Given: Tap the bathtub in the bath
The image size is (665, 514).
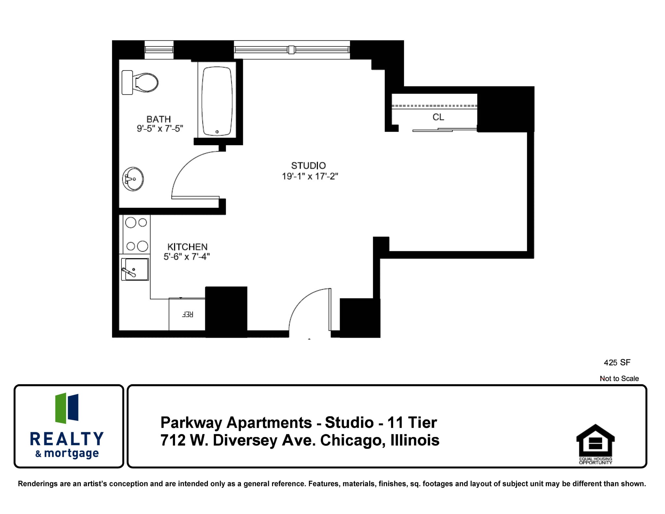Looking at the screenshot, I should click(x=217, y=101).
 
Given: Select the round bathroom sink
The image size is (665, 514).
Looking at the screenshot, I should click(x=133, y=179).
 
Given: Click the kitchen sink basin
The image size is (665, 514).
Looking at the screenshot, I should click(x=135, y=269).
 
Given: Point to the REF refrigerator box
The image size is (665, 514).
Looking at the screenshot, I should click(x=187, y=314).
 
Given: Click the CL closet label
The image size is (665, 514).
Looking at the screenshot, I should click(x=438, y=117).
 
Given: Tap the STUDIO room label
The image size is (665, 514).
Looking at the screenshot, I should click(x=308, y=166).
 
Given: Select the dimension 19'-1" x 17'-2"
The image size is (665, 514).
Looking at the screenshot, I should click(x=310, y=176).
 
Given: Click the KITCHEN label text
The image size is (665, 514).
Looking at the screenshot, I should click(x=187, y=247).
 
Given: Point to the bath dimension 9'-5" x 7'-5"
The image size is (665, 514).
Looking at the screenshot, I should click(x=160, y=129).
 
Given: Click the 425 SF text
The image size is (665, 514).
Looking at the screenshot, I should click(x=617, y=363).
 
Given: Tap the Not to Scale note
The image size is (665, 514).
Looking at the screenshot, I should click(x=619, y=379).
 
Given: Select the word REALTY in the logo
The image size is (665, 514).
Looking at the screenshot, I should click(x=67, y=439).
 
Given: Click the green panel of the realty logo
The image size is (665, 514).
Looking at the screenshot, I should click(x=61, y=408).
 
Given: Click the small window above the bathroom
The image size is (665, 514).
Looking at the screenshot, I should click(x=159, y=50).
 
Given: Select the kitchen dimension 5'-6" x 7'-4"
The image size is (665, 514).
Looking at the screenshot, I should click(x=186, y=257).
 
